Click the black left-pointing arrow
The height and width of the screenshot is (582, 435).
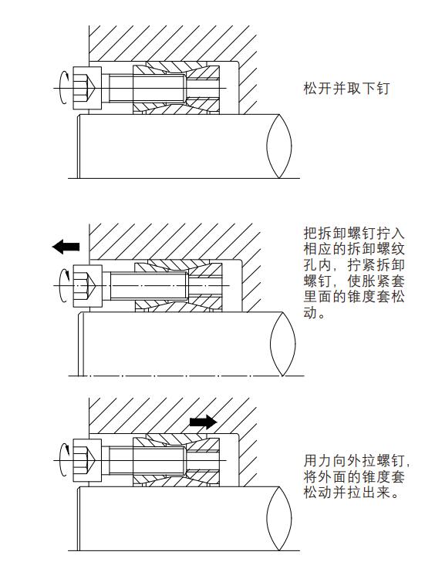click(66, 247)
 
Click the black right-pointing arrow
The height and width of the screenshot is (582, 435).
click(203, 422)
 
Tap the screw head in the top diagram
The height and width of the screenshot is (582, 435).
click(87, 88)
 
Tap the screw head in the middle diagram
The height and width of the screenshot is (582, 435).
click(88, 286)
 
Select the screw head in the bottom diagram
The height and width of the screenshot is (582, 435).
click(87, 460)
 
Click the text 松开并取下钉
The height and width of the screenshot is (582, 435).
click(346, 89)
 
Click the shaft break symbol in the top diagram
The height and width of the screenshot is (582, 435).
click(279, 146)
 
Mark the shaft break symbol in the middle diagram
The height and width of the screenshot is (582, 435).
click(283, 344)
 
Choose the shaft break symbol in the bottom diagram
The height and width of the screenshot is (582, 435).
click(279, 519)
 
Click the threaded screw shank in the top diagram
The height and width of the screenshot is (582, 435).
click(147, 88)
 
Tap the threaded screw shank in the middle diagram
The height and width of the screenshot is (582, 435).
click(150, 286)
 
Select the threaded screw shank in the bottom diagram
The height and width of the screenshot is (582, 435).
click(147, 460)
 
